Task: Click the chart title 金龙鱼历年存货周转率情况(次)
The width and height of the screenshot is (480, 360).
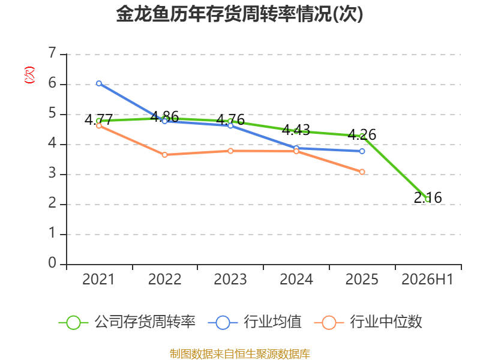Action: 239,14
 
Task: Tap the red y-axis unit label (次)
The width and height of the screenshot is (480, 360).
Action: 29,75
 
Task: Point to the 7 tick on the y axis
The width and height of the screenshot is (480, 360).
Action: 52,53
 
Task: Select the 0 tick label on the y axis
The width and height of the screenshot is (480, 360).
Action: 52,263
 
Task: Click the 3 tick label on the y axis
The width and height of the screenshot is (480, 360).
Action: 52,173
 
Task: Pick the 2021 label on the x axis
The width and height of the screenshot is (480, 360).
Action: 98,279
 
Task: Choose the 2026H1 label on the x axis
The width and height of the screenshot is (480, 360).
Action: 427,279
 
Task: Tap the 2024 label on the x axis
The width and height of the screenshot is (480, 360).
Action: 296,279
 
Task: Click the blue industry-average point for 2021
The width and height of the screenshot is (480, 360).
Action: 99,83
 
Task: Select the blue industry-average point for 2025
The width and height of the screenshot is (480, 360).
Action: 362,151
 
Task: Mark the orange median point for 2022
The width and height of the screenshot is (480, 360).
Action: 164,155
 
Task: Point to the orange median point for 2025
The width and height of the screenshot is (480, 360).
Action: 362,172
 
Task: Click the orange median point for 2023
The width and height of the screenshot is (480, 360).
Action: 230,151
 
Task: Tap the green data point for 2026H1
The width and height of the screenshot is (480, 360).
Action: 428,200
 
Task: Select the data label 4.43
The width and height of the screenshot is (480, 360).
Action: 296,130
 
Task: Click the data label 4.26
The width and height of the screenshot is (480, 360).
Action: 362,134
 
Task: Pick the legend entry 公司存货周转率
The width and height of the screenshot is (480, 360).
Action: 127,322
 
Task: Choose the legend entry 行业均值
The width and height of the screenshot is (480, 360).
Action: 254,322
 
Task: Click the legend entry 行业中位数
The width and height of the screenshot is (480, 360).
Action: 368,322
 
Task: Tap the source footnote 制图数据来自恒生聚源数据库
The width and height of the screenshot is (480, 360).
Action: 240,354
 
